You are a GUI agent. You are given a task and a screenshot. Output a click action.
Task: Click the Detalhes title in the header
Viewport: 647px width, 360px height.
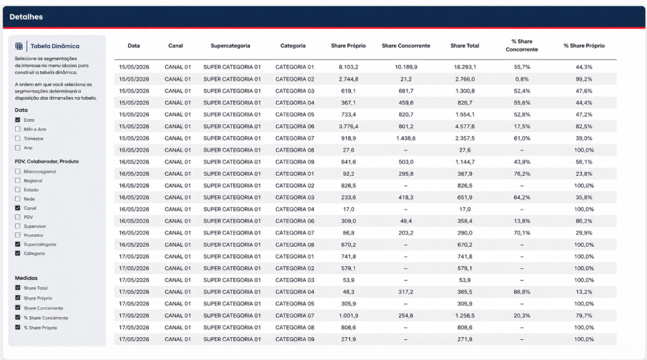point(26,17)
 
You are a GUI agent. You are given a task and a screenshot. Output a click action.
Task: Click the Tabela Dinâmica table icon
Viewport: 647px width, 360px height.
point(19,46)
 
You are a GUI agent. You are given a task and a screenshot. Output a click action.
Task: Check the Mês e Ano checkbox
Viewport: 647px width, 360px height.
point(18,129)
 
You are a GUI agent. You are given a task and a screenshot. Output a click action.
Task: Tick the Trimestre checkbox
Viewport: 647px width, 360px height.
point(18,138)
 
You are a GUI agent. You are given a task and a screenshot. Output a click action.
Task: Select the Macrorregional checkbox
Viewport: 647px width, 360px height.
point(18,171)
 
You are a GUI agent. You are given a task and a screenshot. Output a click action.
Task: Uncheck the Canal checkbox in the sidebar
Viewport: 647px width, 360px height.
point(18,208)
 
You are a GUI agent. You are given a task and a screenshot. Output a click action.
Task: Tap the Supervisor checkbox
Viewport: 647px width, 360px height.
point(18,226)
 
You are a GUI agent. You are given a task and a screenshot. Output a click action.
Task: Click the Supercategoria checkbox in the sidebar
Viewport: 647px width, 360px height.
point(18,244)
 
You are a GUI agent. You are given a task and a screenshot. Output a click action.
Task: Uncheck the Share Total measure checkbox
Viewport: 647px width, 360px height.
point(18,288)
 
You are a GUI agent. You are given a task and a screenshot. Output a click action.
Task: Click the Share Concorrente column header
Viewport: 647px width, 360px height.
point(406,46)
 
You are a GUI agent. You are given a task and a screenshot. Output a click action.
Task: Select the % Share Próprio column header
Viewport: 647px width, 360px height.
point(584,46)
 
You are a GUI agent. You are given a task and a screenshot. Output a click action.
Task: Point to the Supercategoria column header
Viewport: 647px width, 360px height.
point(230,46)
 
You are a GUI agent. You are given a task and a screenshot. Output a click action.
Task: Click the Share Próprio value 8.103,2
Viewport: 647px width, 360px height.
point(348,67)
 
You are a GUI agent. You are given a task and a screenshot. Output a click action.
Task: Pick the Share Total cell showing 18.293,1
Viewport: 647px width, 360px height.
point(465,67)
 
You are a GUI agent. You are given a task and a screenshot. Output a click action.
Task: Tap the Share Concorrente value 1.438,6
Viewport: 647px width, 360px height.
point(406,138)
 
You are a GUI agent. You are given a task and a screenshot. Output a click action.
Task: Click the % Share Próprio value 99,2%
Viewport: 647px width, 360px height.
point(584,79)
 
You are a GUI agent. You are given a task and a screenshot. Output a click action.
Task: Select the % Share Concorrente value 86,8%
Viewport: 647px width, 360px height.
point(522,292)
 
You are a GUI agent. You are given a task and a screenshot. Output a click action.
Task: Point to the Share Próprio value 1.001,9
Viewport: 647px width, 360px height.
point(348,316)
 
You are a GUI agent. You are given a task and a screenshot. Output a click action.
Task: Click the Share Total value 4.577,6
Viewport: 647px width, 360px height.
point(465,126)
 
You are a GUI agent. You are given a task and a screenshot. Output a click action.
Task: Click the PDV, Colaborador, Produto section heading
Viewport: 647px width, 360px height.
point(47,161)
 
